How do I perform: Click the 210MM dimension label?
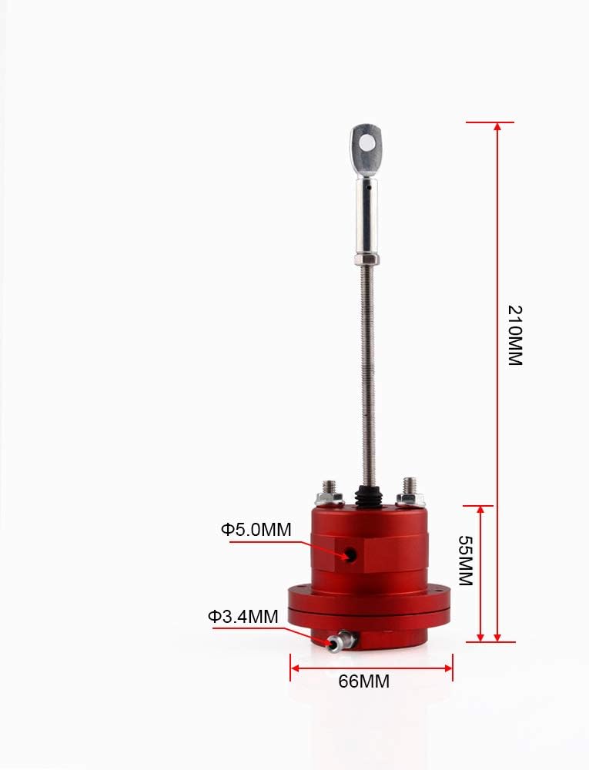[514, 336]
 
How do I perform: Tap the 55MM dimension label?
[465, 561]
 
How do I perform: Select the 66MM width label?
[363, 681]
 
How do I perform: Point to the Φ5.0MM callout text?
[256, 530]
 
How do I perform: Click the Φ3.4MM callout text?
[243, 616]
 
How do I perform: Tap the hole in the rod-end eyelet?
[366, 143]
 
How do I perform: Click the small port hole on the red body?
[350, 555]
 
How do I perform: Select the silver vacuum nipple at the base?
[340, 641]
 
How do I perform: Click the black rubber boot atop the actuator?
[369, 495]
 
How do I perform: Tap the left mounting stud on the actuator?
[330, 493]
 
